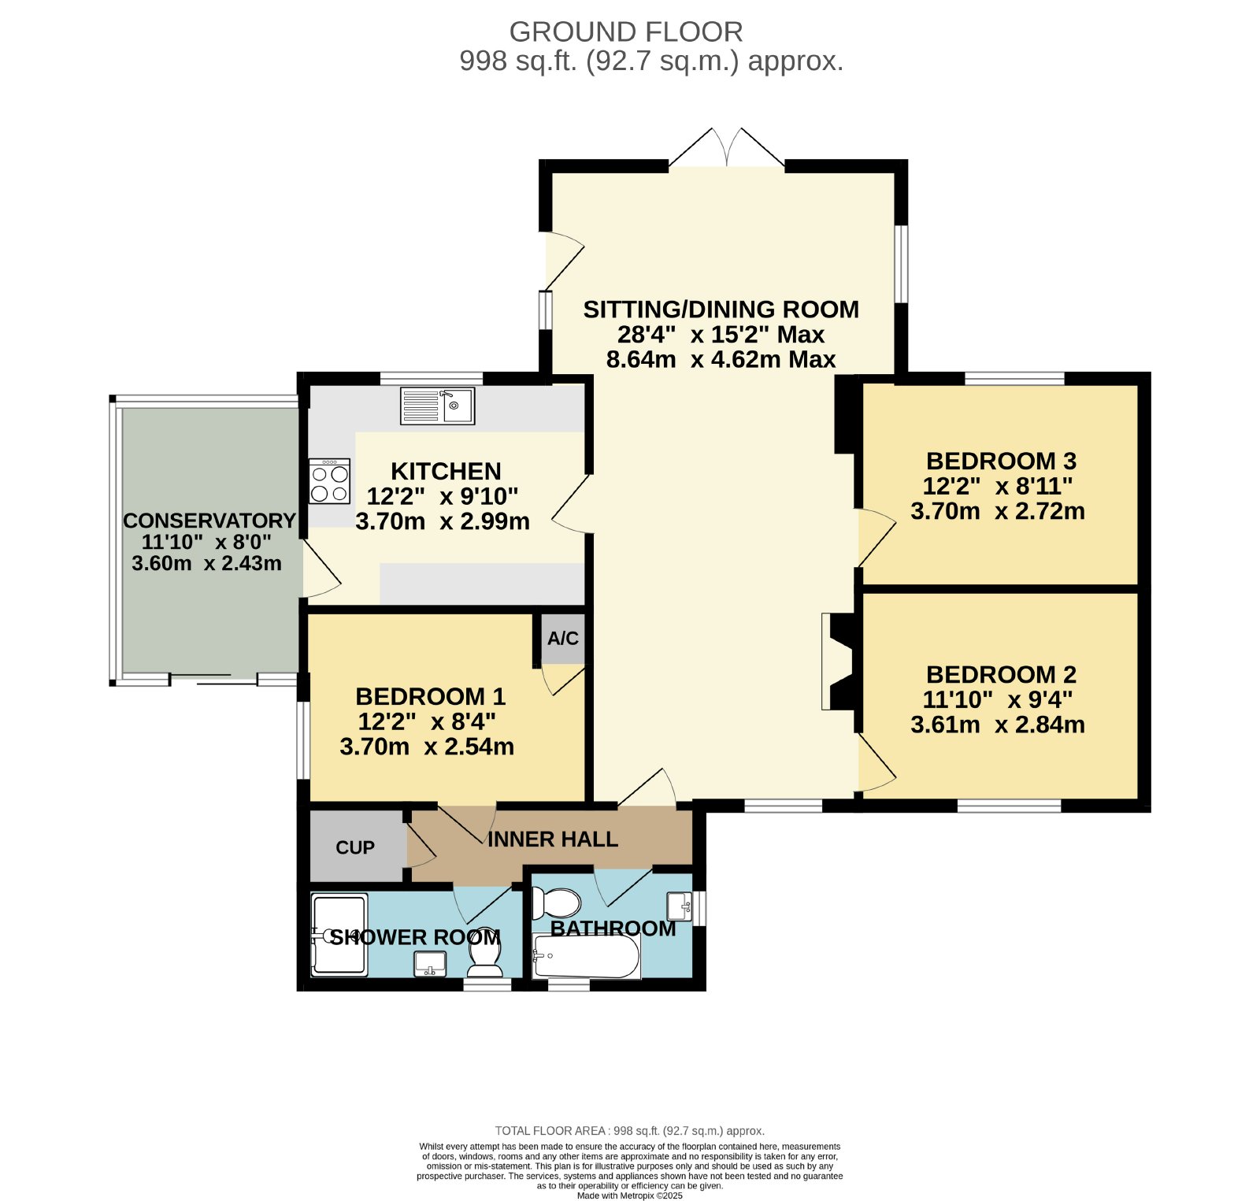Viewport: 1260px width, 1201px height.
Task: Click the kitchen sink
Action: [437, 406]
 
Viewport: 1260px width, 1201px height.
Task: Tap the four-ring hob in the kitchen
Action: [329, 480]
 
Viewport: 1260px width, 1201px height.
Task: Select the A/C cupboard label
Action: [563, 638]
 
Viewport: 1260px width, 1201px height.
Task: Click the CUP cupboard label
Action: [355, 847]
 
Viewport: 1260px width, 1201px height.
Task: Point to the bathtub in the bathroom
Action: [587, 956]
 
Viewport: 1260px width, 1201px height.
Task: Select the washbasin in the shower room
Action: [430, 963]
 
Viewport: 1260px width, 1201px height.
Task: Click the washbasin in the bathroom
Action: [680, 906]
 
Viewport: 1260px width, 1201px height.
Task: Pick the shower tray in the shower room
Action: [339, 934]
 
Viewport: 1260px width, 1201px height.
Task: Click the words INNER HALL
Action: [553, 840]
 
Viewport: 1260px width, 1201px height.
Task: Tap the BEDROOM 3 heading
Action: [1001, 461]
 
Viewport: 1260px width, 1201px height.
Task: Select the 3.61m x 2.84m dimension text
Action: [998, 725]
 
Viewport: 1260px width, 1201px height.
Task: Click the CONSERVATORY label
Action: [209, 521]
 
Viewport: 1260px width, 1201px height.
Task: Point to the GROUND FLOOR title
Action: [626, 32]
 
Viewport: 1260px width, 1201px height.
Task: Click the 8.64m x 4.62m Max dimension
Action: [721, 359]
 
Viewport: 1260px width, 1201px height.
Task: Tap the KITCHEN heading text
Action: [446, 471]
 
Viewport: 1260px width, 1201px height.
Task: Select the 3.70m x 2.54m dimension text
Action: [427, 747]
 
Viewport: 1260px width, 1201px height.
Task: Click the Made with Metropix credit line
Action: [630, 1195]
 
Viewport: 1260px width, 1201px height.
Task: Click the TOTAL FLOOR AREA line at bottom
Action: [630, 1131]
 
